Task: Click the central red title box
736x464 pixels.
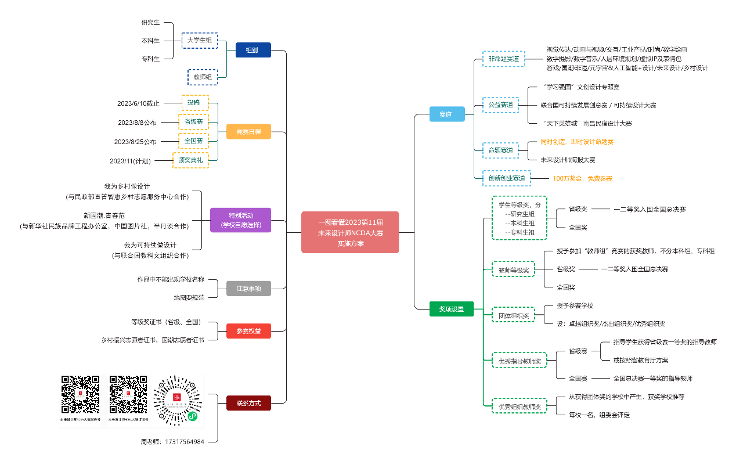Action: click(x=350, y=232)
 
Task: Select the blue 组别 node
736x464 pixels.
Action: click(x=252, y=50)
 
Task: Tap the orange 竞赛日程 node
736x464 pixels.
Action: click(x=248, y=132)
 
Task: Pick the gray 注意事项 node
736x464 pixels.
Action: click(x=248, y=289)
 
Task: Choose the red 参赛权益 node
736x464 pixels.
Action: click(x=248, y=331)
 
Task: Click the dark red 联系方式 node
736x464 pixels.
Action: click(x=248, y=403)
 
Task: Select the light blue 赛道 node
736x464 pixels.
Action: click(x=445, y=114)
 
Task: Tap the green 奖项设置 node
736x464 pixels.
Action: click(x=452, y=309)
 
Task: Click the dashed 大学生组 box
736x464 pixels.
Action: click(x=199, y=41)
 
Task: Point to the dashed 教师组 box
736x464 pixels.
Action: click(x=203, y=77)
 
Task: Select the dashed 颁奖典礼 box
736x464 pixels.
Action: click(x=190, y=160)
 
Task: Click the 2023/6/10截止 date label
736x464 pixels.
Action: click(x=138, y=103)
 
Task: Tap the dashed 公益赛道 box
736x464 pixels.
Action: click(x=500, y=105)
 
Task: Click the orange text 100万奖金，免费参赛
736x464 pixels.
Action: click(x=582, y=178)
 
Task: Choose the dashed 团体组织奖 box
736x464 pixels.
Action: click(x=514, y=316)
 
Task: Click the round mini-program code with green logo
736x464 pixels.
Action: click(x=177, y=401)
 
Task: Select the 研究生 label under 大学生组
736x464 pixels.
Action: click(x=150, y=23)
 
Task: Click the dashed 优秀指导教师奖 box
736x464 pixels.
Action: click(x=519, y=361)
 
